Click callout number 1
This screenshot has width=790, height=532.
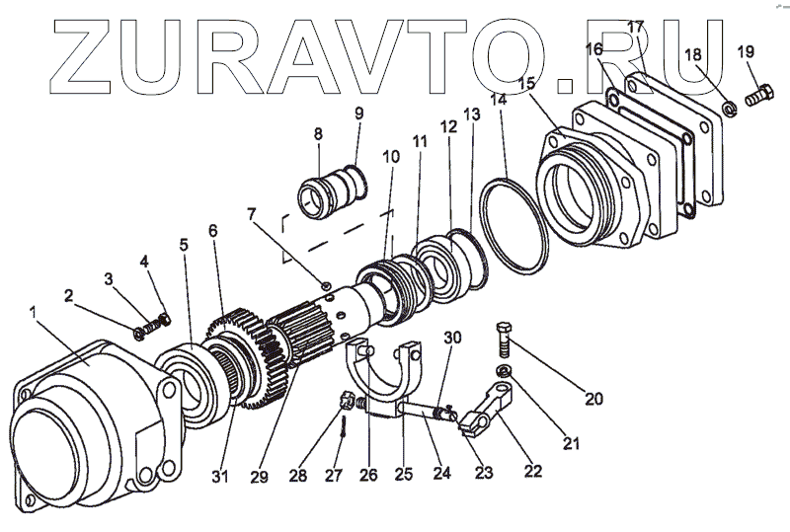35,313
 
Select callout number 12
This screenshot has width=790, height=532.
449,127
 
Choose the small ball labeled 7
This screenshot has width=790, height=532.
326,287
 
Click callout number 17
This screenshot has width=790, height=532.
635,27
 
